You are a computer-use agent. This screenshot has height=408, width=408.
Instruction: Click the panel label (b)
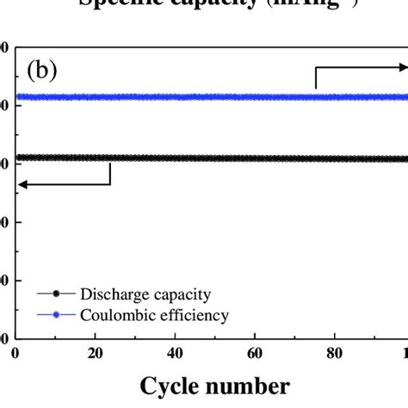[42, 68]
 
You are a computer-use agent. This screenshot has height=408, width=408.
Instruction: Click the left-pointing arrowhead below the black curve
[22, 182]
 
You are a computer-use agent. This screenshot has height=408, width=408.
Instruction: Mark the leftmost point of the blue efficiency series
[19, 96]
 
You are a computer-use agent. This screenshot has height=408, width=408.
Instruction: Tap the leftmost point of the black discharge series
[19, 158]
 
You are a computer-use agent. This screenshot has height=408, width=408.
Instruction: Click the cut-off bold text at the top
[203, 4]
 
